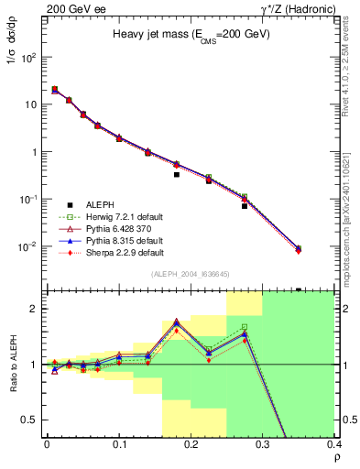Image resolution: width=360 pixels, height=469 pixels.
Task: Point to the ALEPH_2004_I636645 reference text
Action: click(191, 274)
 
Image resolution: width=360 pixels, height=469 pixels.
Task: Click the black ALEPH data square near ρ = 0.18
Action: click(177, 174)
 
